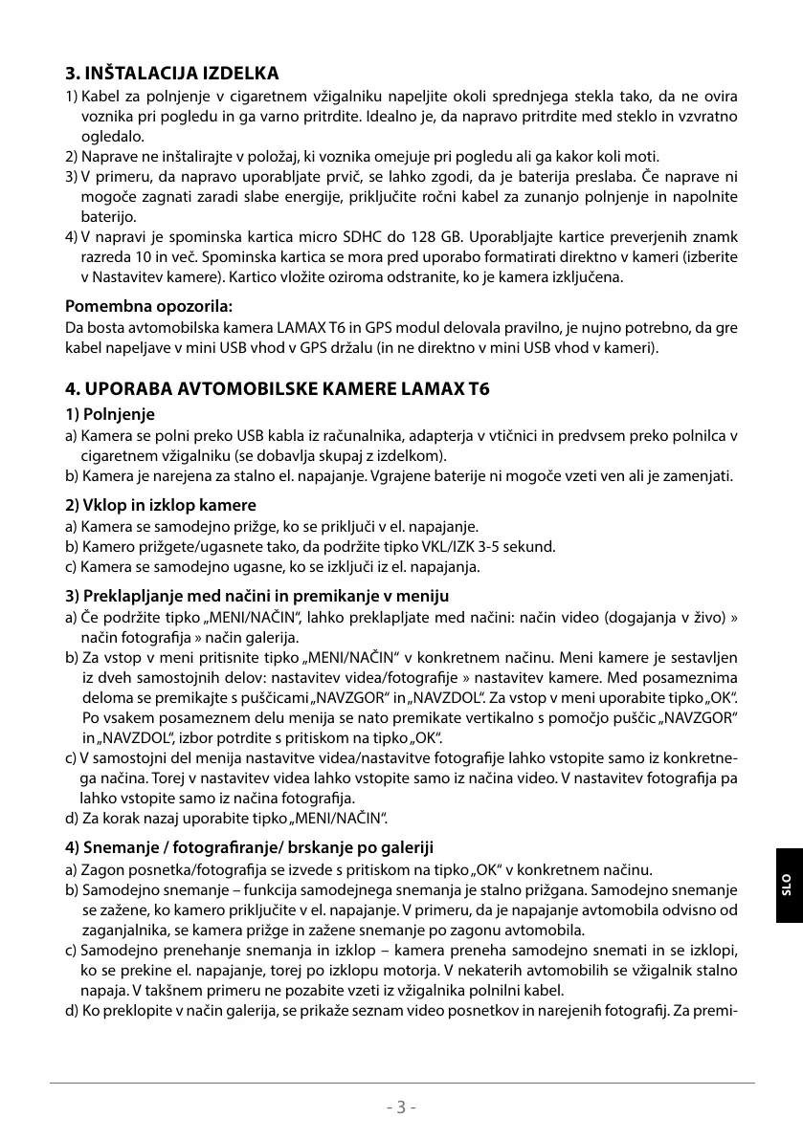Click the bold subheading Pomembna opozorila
[149, 306]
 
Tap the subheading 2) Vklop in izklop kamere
[160, 505]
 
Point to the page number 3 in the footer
[402, 1107]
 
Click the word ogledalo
[111, 137]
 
